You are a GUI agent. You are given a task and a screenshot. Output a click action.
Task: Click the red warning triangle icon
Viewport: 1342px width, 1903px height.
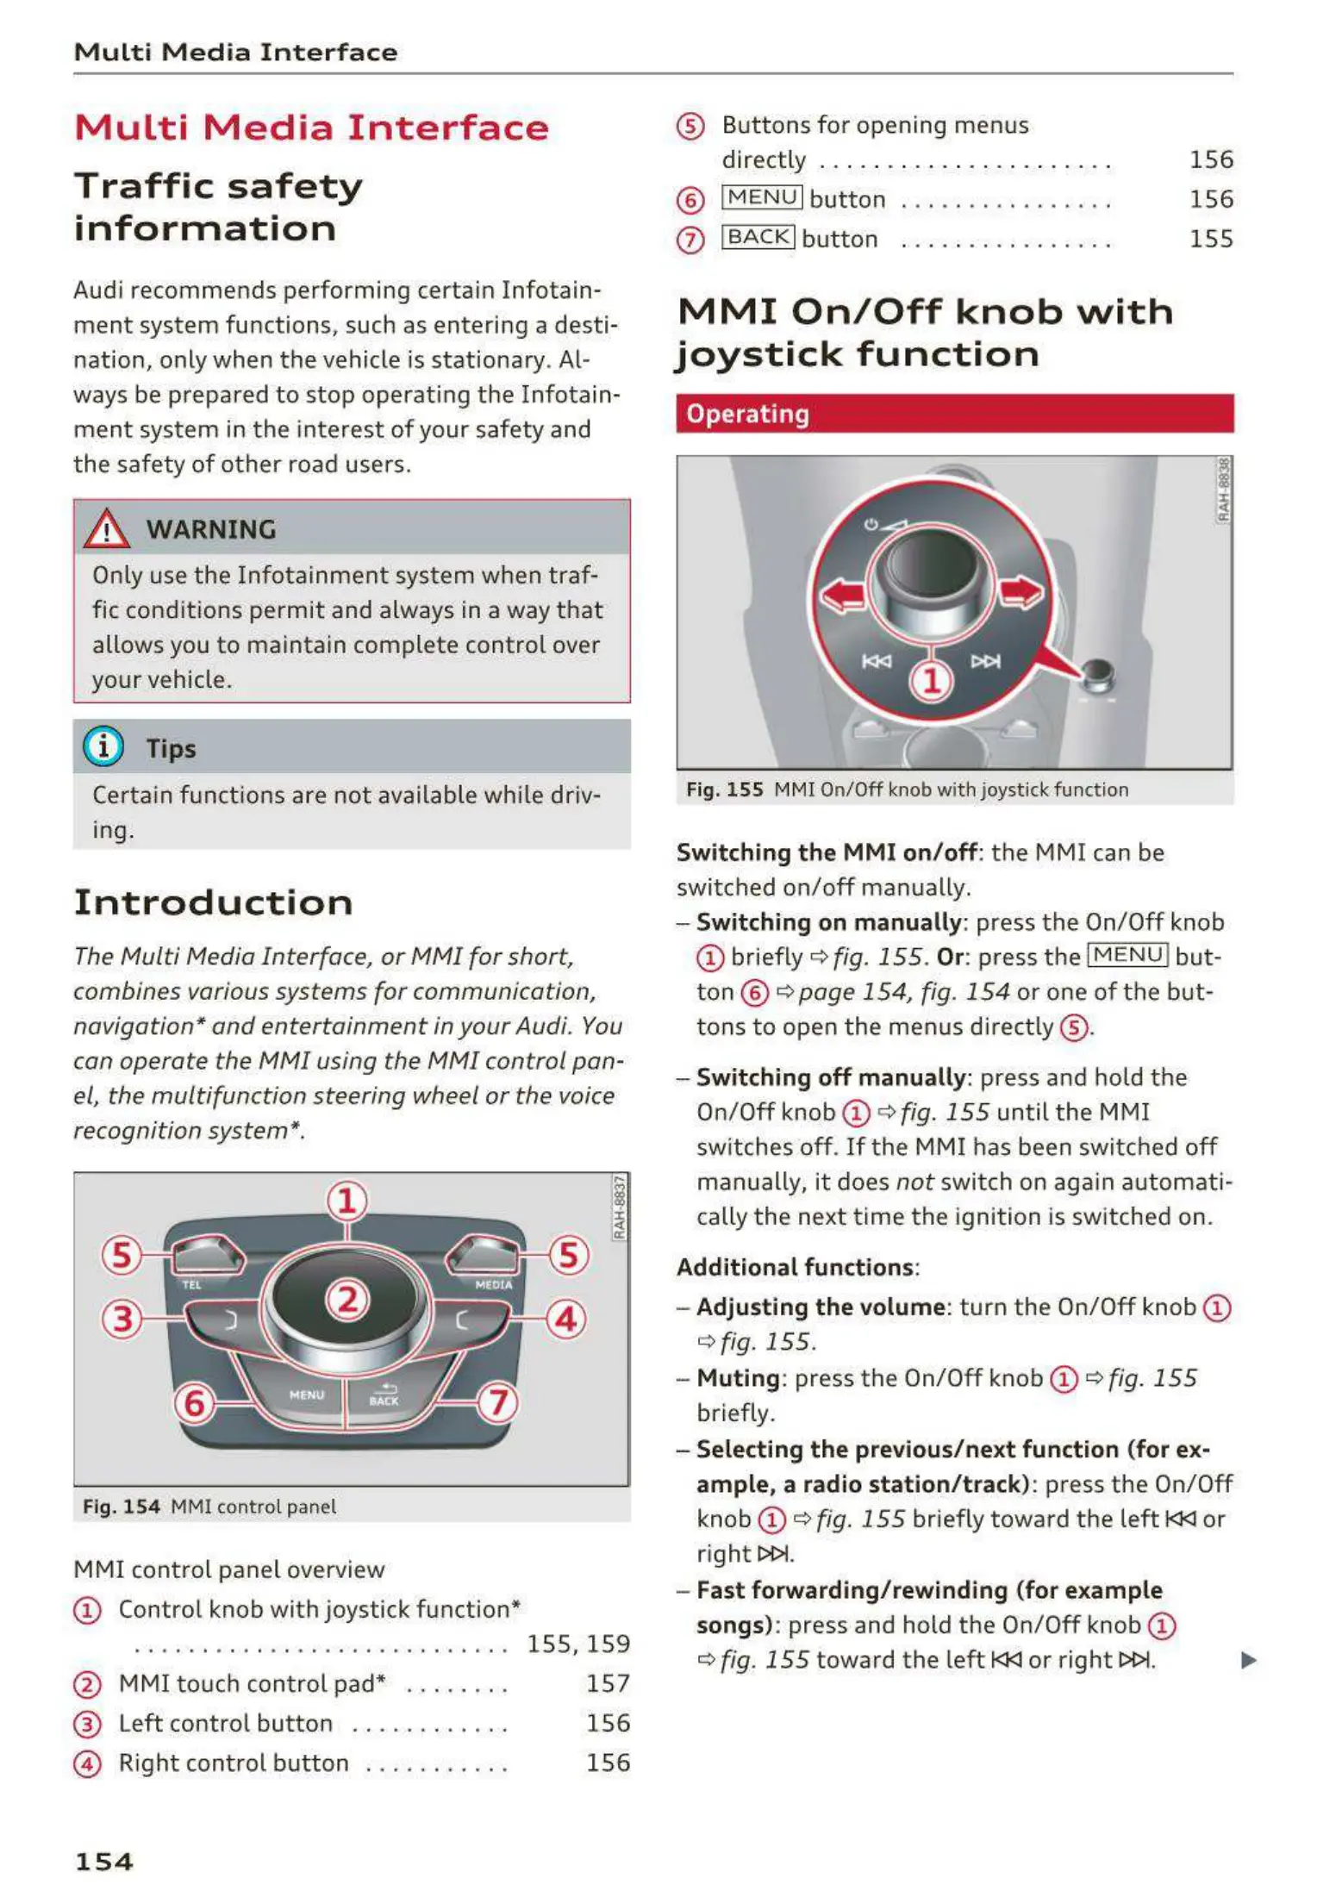click(x=106, y=528)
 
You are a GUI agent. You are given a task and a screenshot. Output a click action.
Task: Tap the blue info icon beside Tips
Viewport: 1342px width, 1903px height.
click(x=103, y=746)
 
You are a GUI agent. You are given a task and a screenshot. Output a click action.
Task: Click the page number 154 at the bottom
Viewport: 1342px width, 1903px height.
click(x=103, y=1862)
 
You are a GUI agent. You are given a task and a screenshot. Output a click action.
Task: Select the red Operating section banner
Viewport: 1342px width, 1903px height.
click(x=954, y=414)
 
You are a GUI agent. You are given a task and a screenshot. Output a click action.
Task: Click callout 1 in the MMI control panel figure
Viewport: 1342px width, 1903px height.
click(x=347, y=1201)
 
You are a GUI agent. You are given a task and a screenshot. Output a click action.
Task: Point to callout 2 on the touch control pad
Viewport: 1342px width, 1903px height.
click(x=347, y=1299)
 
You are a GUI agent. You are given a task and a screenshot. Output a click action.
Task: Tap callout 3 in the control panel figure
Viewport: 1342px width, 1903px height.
click(x=122, y=1319)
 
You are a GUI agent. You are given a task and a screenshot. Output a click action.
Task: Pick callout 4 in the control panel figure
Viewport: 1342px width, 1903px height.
click(x=565, y=1319)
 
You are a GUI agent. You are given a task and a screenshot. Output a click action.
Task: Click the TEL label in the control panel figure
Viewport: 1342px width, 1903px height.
click(x=191, y=1285)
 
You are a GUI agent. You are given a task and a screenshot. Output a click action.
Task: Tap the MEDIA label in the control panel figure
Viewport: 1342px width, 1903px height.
click(x=493, y=1285)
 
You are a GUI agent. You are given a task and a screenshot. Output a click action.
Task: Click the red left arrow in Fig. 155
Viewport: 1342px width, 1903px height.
click(x=841, y=594)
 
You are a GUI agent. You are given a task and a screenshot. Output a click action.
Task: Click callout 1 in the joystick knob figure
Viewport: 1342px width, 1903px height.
click(x=931, y=681)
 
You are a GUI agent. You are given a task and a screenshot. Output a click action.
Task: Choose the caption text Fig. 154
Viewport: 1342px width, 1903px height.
click(x=122, y=1507)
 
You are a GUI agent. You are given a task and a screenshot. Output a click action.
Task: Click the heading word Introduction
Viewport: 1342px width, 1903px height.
click(x=213, y=902)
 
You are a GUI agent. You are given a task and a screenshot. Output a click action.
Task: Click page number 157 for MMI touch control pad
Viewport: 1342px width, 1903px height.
click(x=608, y=1683)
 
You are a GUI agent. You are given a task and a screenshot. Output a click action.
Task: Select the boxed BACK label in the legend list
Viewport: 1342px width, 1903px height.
click(x=758, y=237)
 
